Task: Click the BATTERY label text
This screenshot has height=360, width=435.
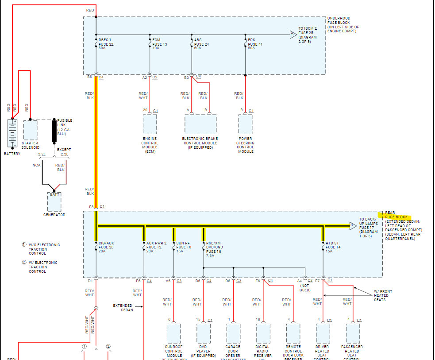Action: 12,154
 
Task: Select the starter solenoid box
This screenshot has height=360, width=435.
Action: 30,130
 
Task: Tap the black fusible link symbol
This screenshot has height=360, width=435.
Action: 55,130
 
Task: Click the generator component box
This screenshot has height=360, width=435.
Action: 54,202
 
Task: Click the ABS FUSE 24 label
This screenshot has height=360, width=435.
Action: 201,44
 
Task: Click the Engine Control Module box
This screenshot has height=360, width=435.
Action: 150,124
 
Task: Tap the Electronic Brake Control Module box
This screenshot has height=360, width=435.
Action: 200,124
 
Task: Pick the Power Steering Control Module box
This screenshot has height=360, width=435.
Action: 246,124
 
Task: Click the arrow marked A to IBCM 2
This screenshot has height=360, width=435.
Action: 292,34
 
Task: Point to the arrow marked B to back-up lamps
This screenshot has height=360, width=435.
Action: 353,226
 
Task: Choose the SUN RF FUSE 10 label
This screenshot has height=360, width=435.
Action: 184,247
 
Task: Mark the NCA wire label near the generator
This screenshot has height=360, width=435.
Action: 36,165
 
